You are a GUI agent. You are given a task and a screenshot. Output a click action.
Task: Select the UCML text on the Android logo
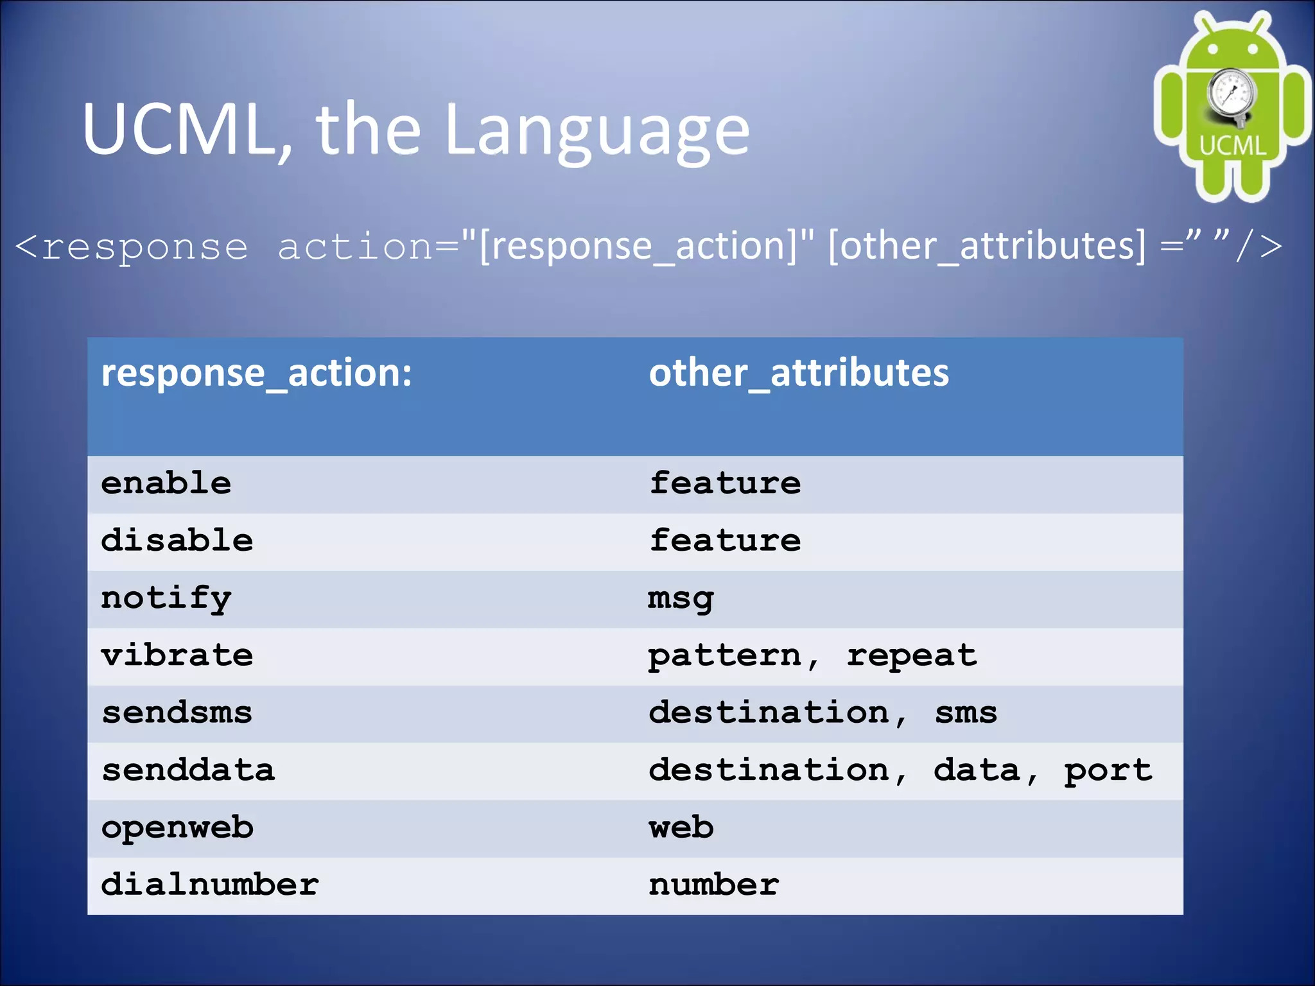(x=1232, y=146)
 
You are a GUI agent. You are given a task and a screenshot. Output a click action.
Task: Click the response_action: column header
(x=256, y=373)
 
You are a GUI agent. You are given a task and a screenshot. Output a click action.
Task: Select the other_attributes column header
(x=798, y=373)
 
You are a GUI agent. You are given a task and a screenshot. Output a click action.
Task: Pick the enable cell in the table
(x=166, y=483)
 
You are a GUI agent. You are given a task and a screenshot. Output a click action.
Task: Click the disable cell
(x=177, y=540)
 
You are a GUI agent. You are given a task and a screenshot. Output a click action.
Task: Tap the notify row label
(x=166, y=598)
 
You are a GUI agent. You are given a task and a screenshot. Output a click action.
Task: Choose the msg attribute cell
(x=680, y=598)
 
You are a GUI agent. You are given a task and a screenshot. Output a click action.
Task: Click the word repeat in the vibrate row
(x=911, y=656)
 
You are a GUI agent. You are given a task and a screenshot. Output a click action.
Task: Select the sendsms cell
(x=177, y=713)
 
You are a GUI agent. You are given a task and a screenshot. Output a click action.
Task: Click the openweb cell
(x=177, y=828)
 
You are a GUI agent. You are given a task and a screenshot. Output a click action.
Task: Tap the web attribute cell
(x=681, y=827)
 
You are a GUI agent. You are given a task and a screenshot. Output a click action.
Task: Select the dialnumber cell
(x=209, y=885)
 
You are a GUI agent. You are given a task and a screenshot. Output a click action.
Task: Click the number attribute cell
(x=713, y=885)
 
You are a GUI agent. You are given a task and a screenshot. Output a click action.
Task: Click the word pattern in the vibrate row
(x=725, y=656)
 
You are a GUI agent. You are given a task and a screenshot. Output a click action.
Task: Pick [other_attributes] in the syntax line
(x=986, y=246)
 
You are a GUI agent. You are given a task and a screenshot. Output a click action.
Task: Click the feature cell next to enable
(x=725, y=483)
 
